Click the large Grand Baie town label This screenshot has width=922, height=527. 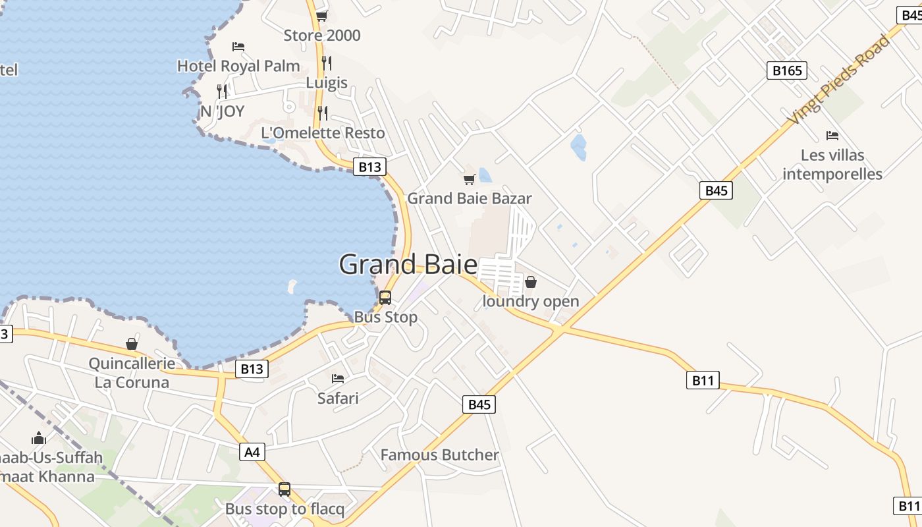(408, 264)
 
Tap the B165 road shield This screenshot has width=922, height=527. (786, 70)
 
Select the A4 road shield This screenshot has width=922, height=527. (252, 452)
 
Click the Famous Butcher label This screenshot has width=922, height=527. (439, 455)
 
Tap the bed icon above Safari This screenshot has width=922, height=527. (338, 379)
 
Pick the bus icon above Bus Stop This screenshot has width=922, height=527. (385, 298)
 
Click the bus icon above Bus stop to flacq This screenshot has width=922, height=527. (285, 489)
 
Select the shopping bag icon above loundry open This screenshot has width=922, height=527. (531, 283)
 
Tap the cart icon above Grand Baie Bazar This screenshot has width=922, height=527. (470, 179)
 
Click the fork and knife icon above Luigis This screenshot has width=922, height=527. (327, 63)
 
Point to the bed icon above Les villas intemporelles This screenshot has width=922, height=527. (832, 136)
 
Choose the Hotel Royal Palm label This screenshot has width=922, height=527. (238, 66)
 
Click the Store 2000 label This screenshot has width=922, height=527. (322, 35)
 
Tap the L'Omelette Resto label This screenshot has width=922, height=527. (323, 132)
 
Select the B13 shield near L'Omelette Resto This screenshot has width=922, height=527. (369, 167)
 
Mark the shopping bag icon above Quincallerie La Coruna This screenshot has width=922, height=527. (132, 344)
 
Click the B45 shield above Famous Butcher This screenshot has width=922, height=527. (479, 404)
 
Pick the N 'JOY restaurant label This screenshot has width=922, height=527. (222, 111)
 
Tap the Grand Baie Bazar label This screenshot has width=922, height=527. (469, 198)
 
